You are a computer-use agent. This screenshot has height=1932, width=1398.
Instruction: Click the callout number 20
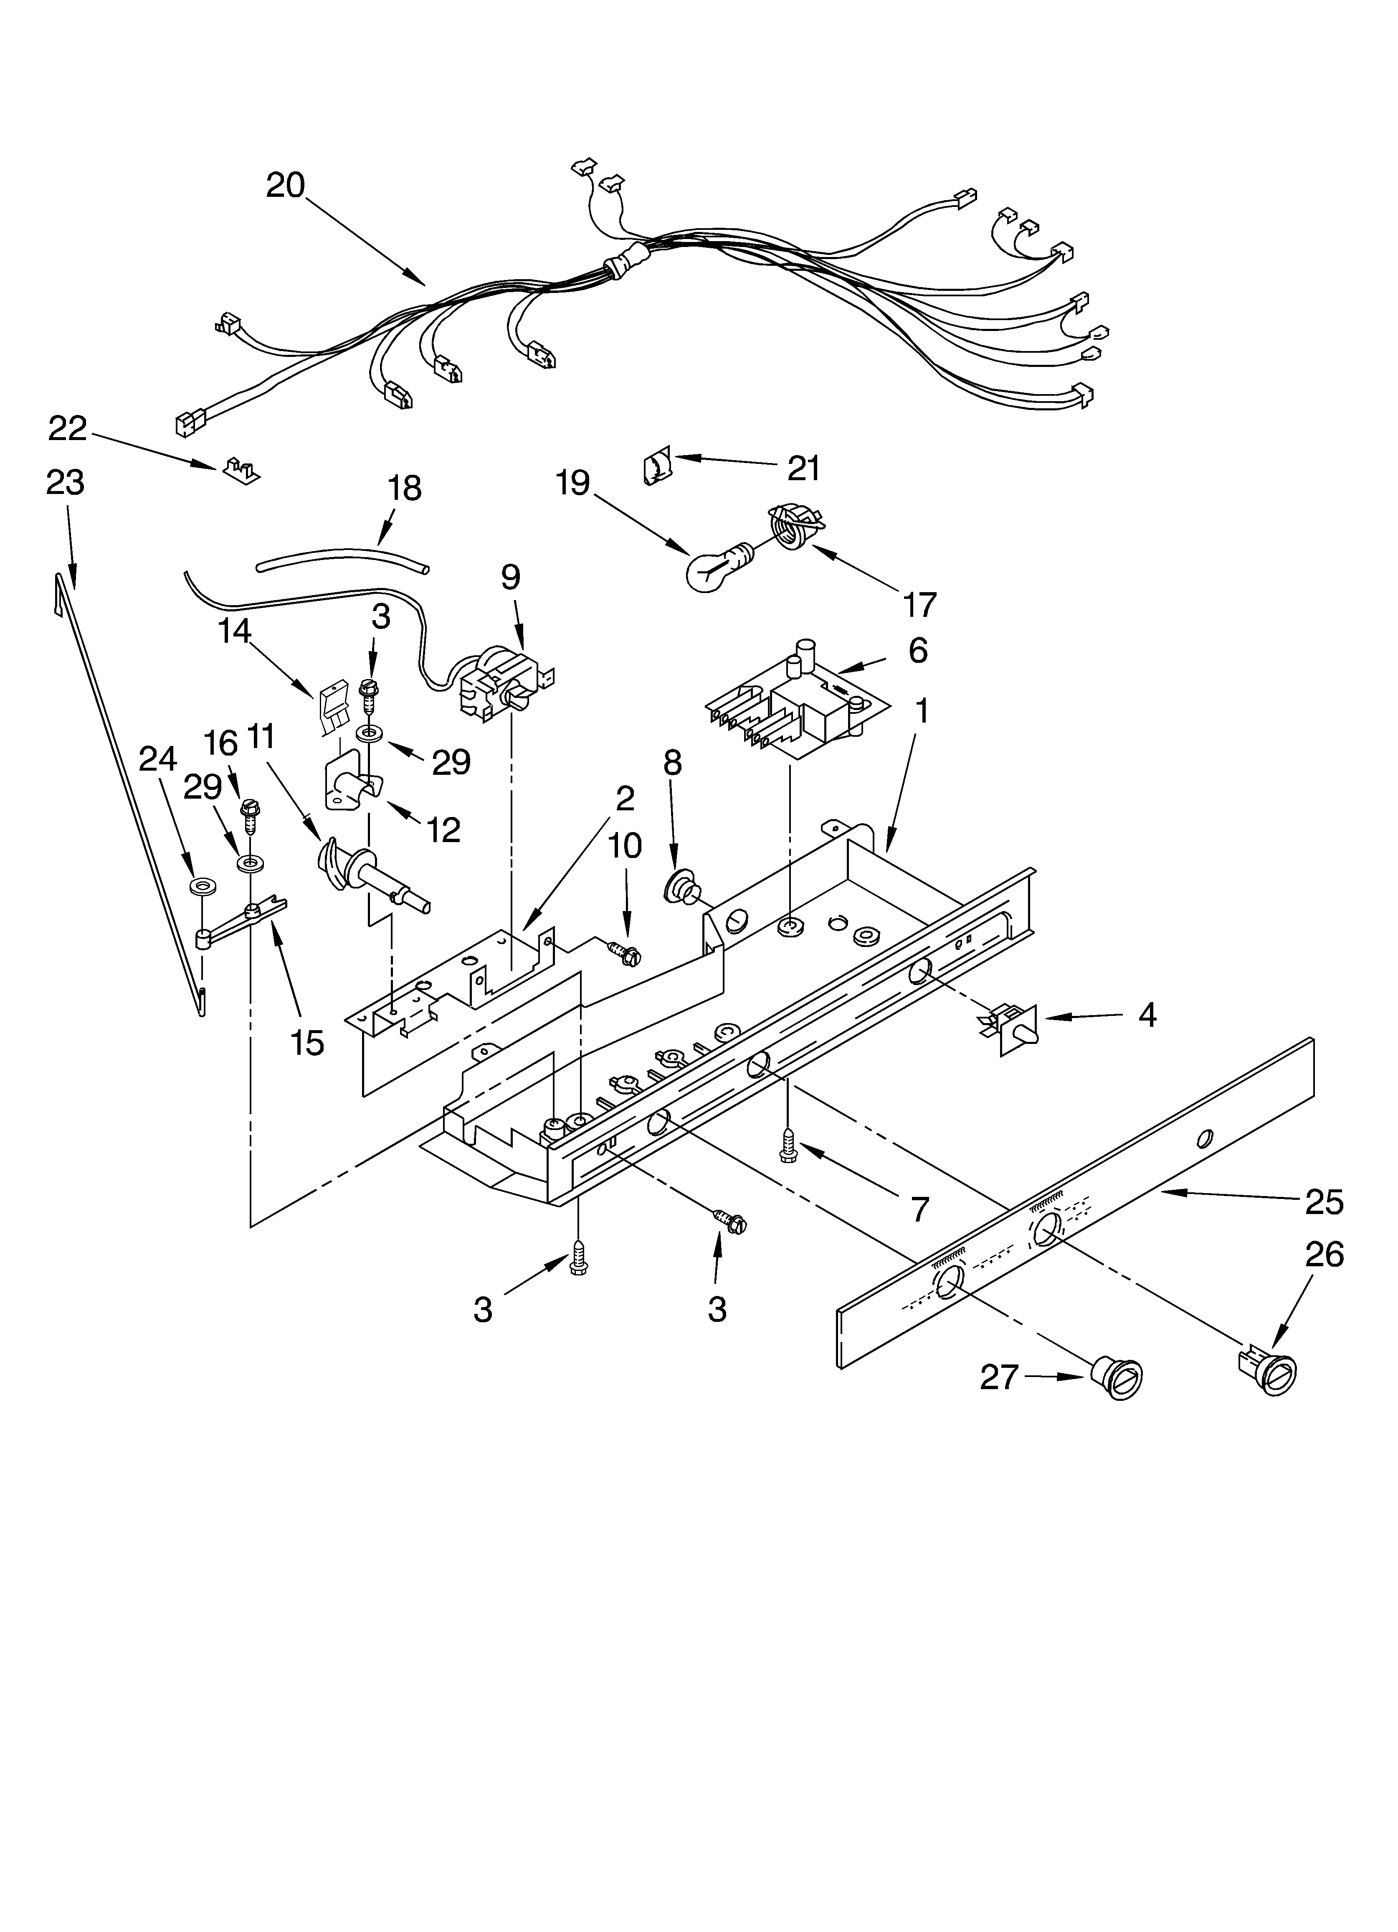click(x=285, y=185)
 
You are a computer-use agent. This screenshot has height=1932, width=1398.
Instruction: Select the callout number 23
click(x=66, y=483)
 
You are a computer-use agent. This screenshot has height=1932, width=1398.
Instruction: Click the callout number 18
click(x=405, y=488)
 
